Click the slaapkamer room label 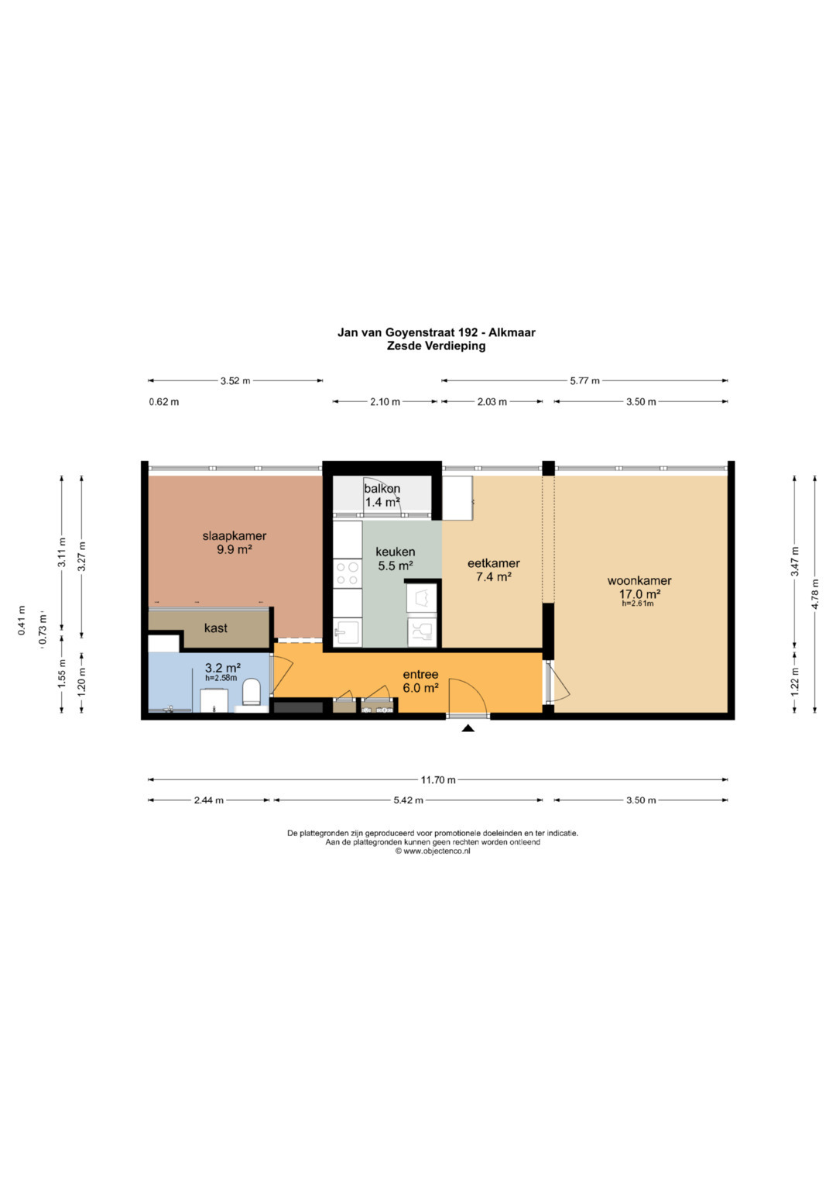pos(235,535)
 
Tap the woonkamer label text pos(639,581)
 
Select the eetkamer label pos(494,563)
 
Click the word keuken pos(396,552)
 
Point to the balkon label pos(382,489)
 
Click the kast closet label pos(215,628)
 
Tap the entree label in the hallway pos(420,675)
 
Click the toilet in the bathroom pos(252,692)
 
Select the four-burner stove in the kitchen pos(348,573)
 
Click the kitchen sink pos(348,631)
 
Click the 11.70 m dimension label pos(437,780)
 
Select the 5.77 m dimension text pos(584,381)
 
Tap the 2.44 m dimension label pos(208,800)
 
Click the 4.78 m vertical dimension pos(815,594)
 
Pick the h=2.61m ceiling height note pos(638,603)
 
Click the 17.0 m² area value pos(640,593)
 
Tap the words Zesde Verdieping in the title pos(436,346)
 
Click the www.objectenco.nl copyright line pos(432,851)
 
